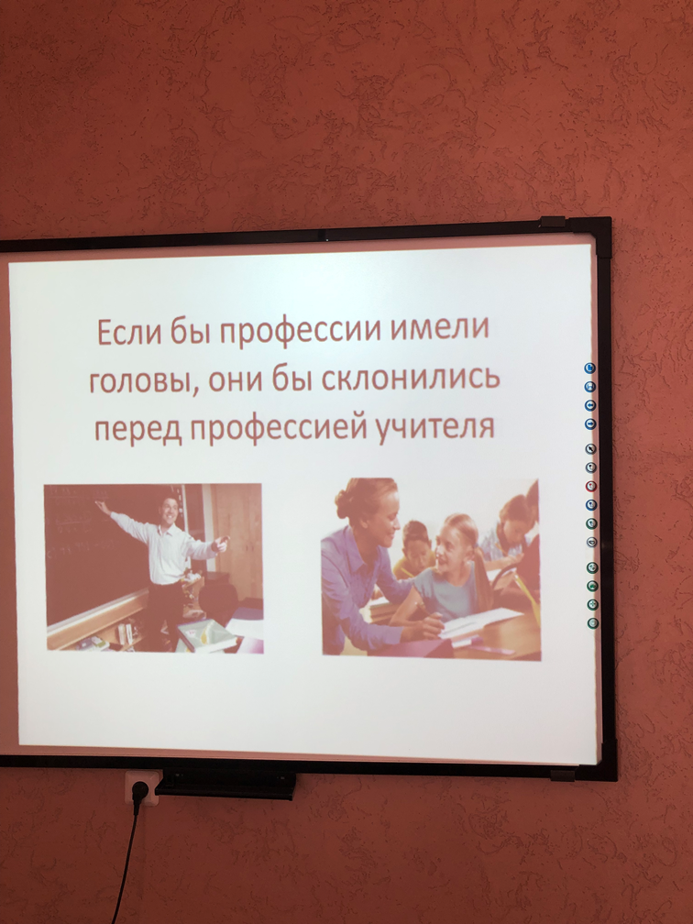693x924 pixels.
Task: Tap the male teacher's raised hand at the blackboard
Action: click(103, 506)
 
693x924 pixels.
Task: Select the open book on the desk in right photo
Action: click(479, 622)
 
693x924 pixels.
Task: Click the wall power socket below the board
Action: click(141, 787)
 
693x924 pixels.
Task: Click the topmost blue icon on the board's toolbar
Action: click(590, 368)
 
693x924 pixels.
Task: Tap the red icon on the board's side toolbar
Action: click(591, 486)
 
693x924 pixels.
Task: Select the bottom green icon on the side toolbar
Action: click(593, 623)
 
